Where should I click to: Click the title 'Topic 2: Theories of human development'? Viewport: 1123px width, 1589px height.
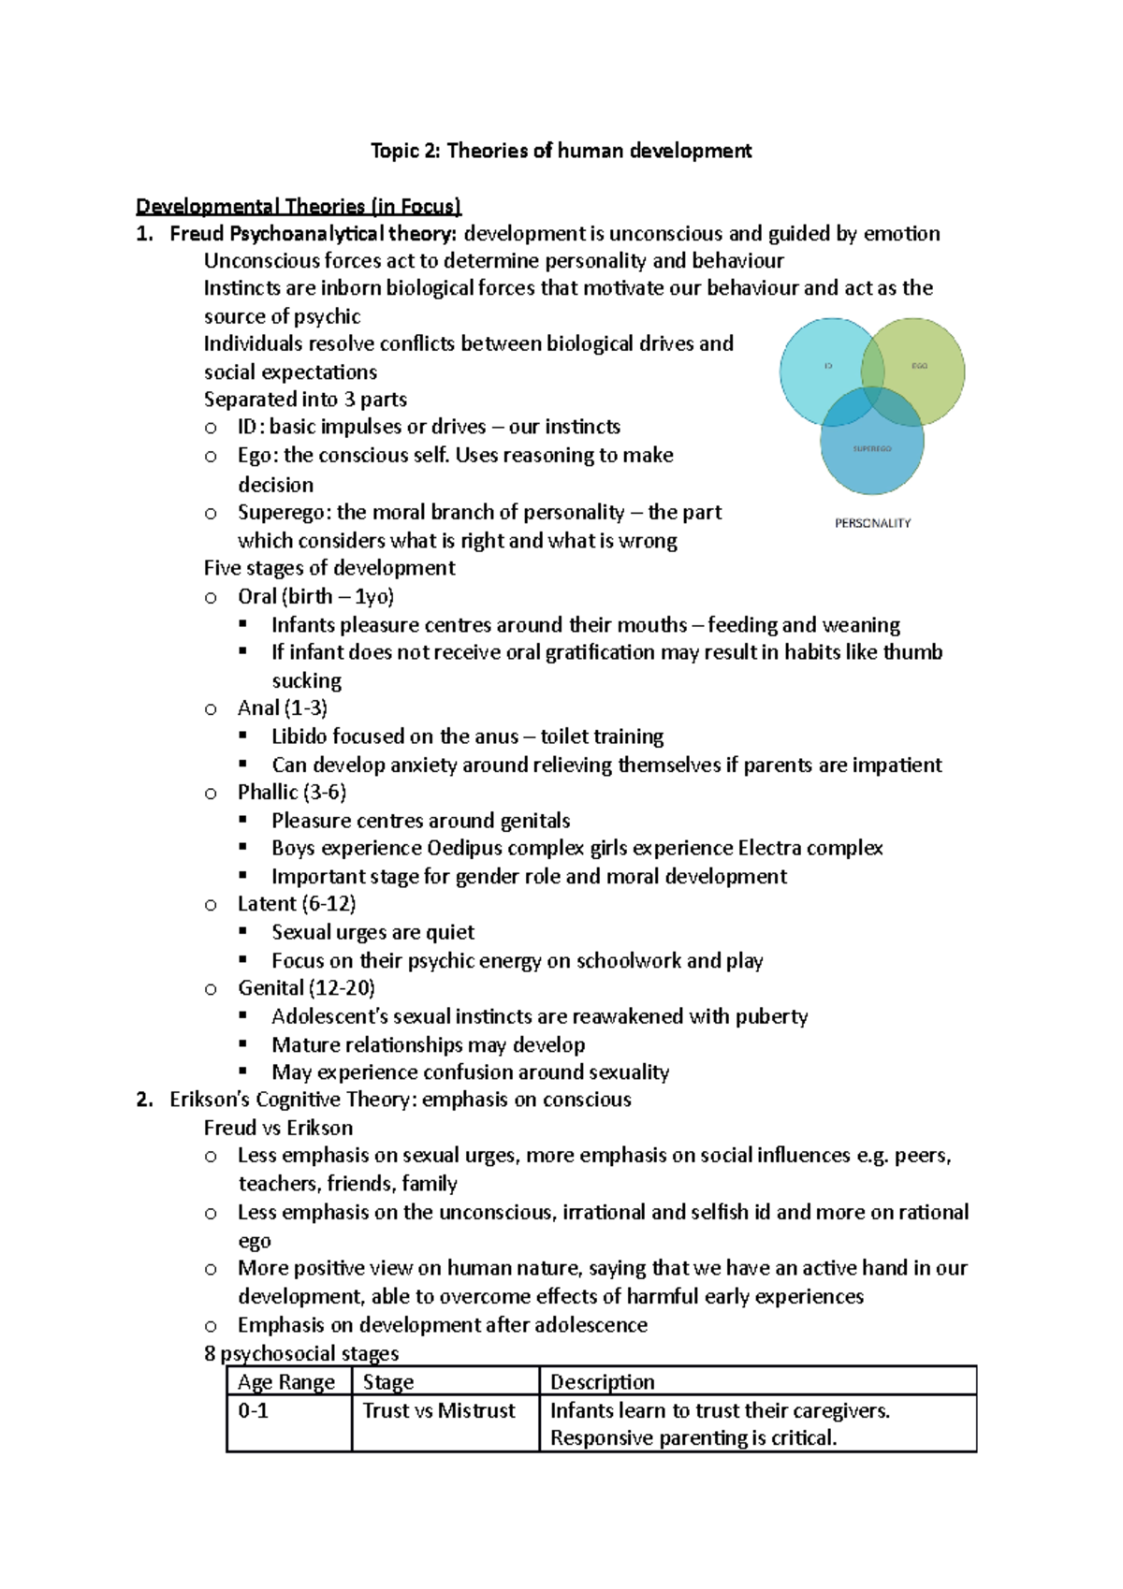tap(561, 151)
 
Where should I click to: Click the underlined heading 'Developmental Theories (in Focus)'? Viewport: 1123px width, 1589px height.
tap(299, 206)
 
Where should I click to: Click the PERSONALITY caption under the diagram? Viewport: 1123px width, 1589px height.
tap(872, 523)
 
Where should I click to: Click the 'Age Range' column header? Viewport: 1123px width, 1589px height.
tap(286, 1382)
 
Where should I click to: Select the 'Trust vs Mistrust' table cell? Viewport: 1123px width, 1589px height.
tap(439, 1410)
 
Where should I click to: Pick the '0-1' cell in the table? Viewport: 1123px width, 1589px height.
tap(254, 1410)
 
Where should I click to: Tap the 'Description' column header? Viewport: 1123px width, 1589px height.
tap(603, 1382)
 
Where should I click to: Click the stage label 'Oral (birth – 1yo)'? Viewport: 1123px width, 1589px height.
tap(315, 596)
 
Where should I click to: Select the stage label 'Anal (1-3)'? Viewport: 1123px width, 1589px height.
tap(283, 707)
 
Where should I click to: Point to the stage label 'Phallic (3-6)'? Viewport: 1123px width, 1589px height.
tap(292, 792)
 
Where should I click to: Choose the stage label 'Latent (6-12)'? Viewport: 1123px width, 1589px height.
tap(297, 903)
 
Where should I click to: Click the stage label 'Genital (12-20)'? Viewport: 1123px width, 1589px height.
tap(306, 987)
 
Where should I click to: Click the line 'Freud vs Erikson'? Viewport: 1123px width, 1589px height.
tap(278, 1127)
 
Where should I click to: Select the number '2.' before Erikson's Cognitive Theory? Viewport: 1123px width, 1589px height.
tap(143, 1100)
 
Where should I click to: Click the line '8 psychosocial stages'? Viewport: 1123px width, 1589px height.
tap(301, 1353)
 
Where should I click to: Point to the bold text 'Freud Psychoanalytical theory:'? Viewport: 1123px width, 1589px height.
tap(314, 233)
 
